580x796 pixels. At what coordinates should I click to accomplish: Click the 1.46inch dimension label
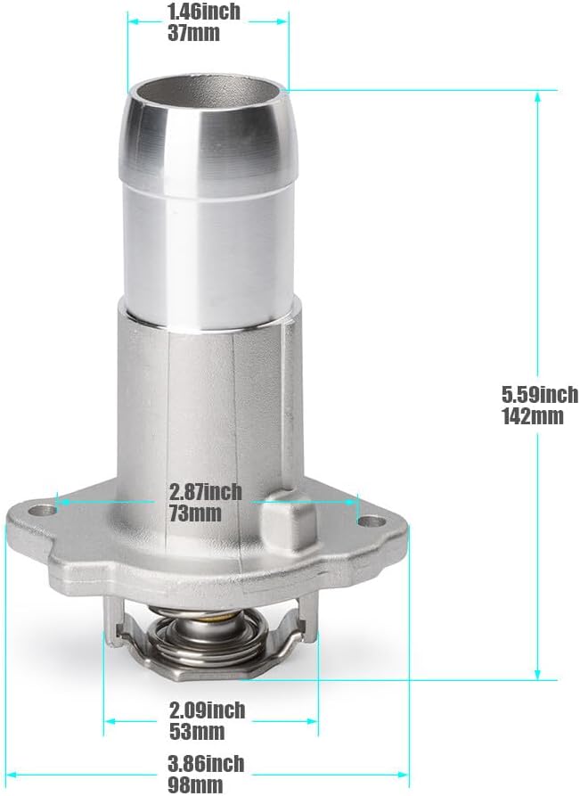tap(203, 12)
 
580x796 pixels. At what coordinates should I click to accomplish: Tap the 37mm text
tap(193, 33)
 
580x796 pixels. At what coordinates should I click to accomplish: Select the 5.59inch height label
tap(540, 394)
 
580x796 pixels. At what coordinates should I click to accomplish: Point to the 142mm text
tap(532, 416)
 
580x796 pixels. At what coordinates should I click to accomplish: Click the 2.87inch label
tap(206, 491)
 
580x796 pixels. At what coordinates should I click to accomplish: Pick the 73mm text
tap(195, 513)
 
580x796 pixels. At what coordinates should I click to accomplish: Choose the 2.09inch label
tap(207, 710)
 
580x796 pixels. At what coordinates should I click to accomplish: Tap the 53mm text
tap(197, 732)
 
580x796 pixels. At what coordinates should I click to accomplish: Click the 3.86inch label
tap(206, 764)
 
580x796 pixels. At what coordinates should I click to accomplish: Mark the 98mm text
tap(195, 784)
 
